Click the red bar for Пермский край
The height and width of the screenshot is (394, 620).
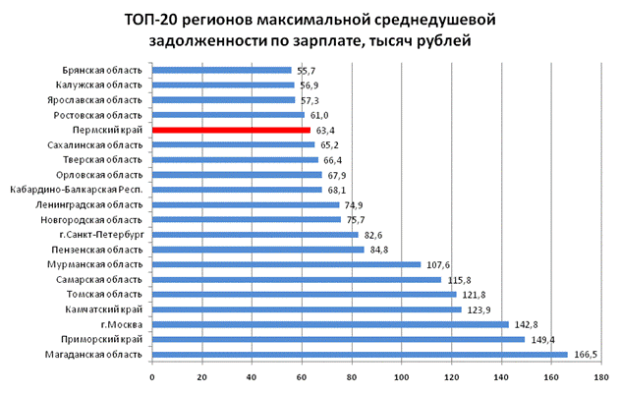click(x=231, y=130)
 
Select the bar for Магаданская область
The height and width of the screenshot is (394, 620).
click(x=360, y=354)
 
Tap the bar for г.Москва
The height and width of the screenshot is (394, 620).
click(x=330, y=324)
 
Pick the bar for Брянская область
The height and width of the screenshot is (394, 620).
click(x=222, y=70)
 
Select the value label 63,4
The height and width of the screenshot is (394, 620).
click(x=327, y=130)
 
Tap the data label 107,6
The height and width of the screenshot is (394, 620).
click(x=438, y=264)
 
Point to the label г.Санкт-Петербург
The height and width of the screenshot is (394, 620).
click(x=101, y=235)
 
